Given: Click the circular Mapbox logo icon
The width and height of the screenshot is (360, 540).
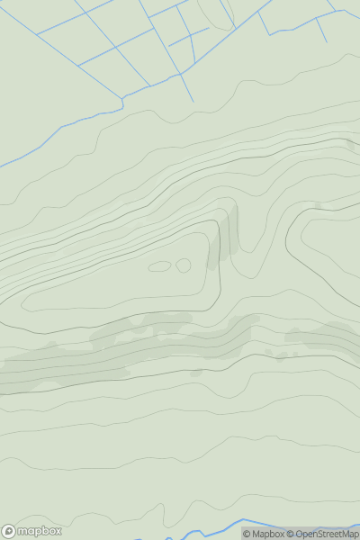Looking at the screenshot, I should tap(10, 531).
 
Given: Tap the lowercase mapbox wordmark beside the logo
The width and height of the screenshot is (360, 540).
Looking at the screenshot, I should tap(40, 531).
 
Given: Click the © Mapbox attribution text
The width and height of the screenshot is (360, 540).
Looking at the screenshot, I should tap(263, 534).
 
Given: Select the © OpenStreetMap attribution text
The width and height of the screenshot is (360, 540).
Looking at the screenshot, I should tap(322, 534).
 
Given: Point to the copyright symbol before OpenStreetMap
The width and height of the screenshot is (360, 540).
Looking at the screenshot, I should tap(290, 534).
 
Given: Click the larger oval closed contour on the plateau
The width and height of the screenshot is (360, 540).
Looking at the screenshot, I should tap(160, 266).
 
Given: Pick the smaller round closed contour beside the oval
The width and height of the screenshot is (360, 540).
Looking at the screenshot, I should tap(184, 265).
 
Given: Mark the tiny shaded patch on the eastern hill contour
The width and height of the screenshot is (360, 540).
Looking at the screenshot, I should tap(318, 206).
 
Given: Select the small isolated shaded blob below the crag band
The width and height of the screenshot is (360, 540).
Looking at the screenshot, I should tap(197, 372).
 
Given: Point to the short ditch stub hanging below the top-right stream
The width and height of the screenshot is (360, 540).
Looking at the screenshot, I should tap(322, 31).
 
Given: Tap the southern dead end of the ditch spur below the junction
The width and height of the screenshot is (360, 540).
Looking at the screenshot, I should tap(192, 100).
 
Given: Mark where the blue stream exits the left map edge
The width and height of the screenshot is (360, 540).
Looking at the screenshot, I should tap(2, 166).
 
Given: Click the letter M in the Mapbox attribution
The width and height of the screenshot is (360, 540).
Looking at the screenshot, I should tap(256, 534).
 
